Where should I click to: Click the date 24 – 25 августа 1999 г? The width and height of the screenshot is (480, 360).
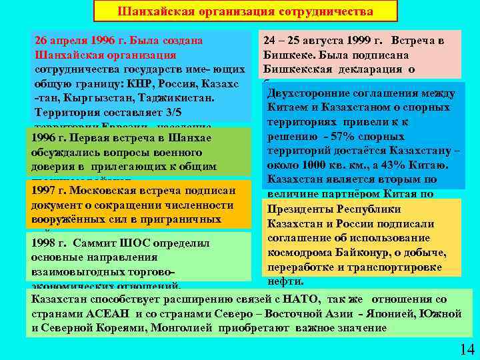[x=323, y=41]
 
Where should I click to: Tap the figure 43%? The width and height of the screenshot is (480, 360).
[x=399, y=165]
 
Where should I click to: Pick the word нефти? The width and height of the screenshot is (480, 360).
[x=291, y=281]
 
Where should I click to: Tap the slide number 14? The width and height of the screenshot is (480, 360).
[x=466, y=349]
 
